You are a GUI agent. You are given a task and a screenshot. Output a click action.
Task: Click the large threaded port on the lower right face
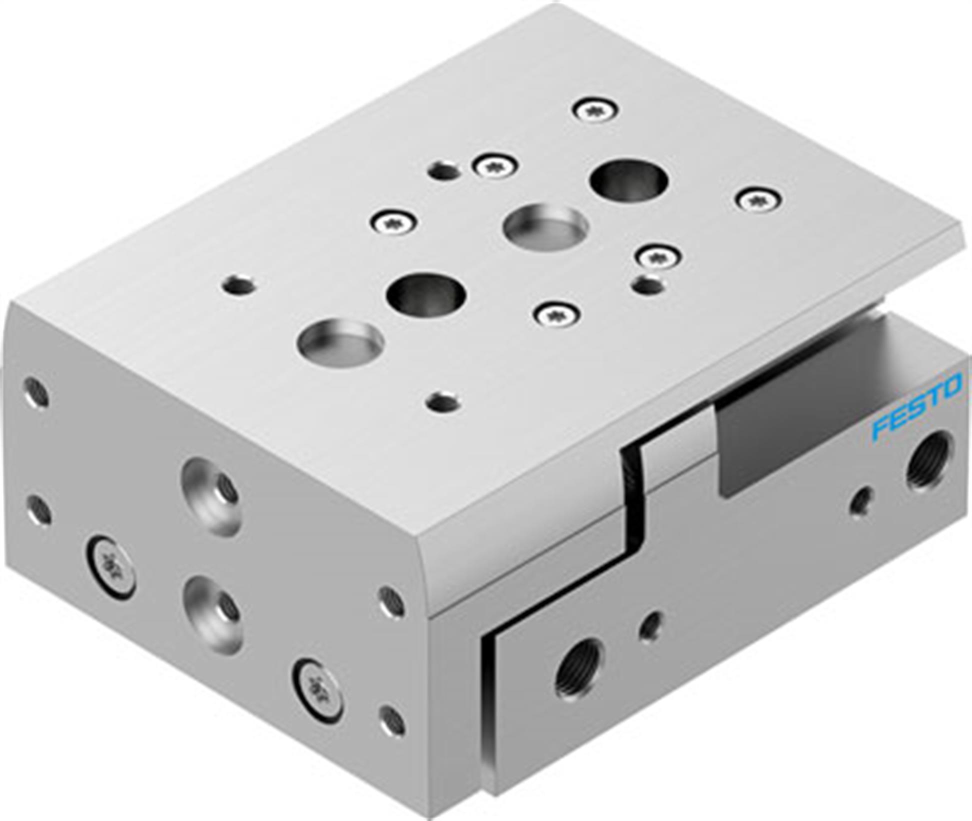click(x=578, y=672)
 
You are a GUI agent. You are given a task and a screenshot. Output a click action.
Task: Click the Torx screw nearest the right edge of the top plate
click(x=759, y=200)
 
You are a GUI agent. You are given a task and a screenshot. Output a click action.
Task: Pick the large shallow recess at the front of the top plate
click(x=340, y=341)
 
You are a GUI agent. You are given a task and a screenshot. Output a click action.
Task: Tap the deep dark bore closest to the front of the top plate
click(x=426, y=294)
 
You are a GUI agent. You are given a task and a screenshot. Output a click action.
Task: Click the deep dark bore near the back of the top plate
click(x=629, y=180)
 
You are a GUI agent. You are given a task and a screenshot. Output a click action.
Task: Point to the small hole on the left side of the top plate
click(x=239, y=286)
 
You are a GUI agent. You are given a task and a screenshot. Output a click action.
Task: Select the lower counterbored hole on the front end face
click(x=212, y=613)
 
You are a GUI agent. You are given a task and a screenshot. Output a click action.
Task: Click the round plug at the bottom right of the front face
click(x=318, y=690)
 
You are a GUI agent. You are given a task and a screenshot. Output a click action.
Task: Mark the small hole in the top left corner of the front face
click(x=36, y=392)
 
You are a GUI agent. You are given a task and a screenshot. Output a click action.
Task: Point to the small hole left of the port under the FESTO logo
click(x=861, y=500)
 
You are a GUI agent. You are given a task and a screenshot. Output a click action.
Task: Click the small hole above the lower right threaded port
click(x=650, y=625)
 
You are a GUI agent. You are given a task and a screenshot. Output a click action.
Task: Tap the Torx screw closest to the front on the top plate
click(x=556, y=314)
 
